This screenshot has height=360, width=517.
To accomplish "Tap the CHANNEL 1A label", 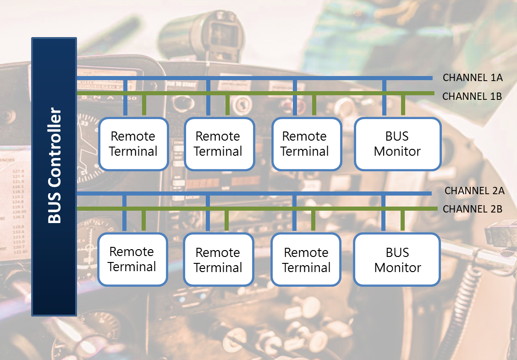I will click(x=473, y=78).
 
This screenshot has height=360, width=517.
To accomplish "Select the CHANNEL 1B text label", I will click(x=472, y=97).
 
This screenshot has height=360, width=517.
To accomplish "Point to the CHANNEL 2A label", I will click(x=474, y=191).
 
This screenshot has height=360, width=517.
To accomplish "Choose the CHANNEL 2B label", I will click(x=473, y=209).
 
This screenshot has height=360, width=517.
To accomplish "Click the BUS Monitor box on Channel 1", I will click(x=397, y=144).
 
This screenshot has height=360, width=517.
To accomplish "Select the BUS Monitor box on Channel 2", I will click(x=397, y=260).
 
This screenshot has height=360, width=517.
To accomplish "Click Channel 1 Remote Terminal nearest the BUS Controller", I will click(x=133, y=144).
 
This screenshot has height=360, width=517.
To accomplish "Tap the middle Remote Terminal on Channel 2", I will click(x=218, y=260).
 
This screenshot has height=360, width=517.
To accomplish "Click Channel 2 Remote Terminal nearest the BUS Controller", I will click(x=132, y=259).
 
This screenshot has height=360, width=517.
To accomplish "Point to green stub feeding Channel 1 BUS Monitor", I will click(x=403, y=105).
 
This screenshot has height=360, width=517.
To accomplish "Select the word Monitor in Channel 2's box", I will click(x=397, y=267).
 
